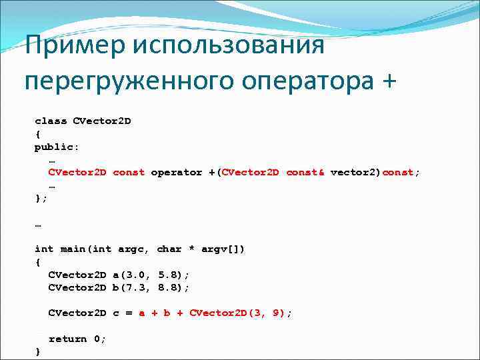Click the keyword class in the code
[x=51, y=121]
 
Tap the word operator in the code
[x=176, y=172]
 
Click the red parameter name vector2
[x=353, y=172]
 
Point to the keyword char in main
[x=169, y=249]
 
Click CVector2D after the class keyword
[x=102, y=121]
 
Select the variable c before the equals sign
[x=115, y=313]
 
